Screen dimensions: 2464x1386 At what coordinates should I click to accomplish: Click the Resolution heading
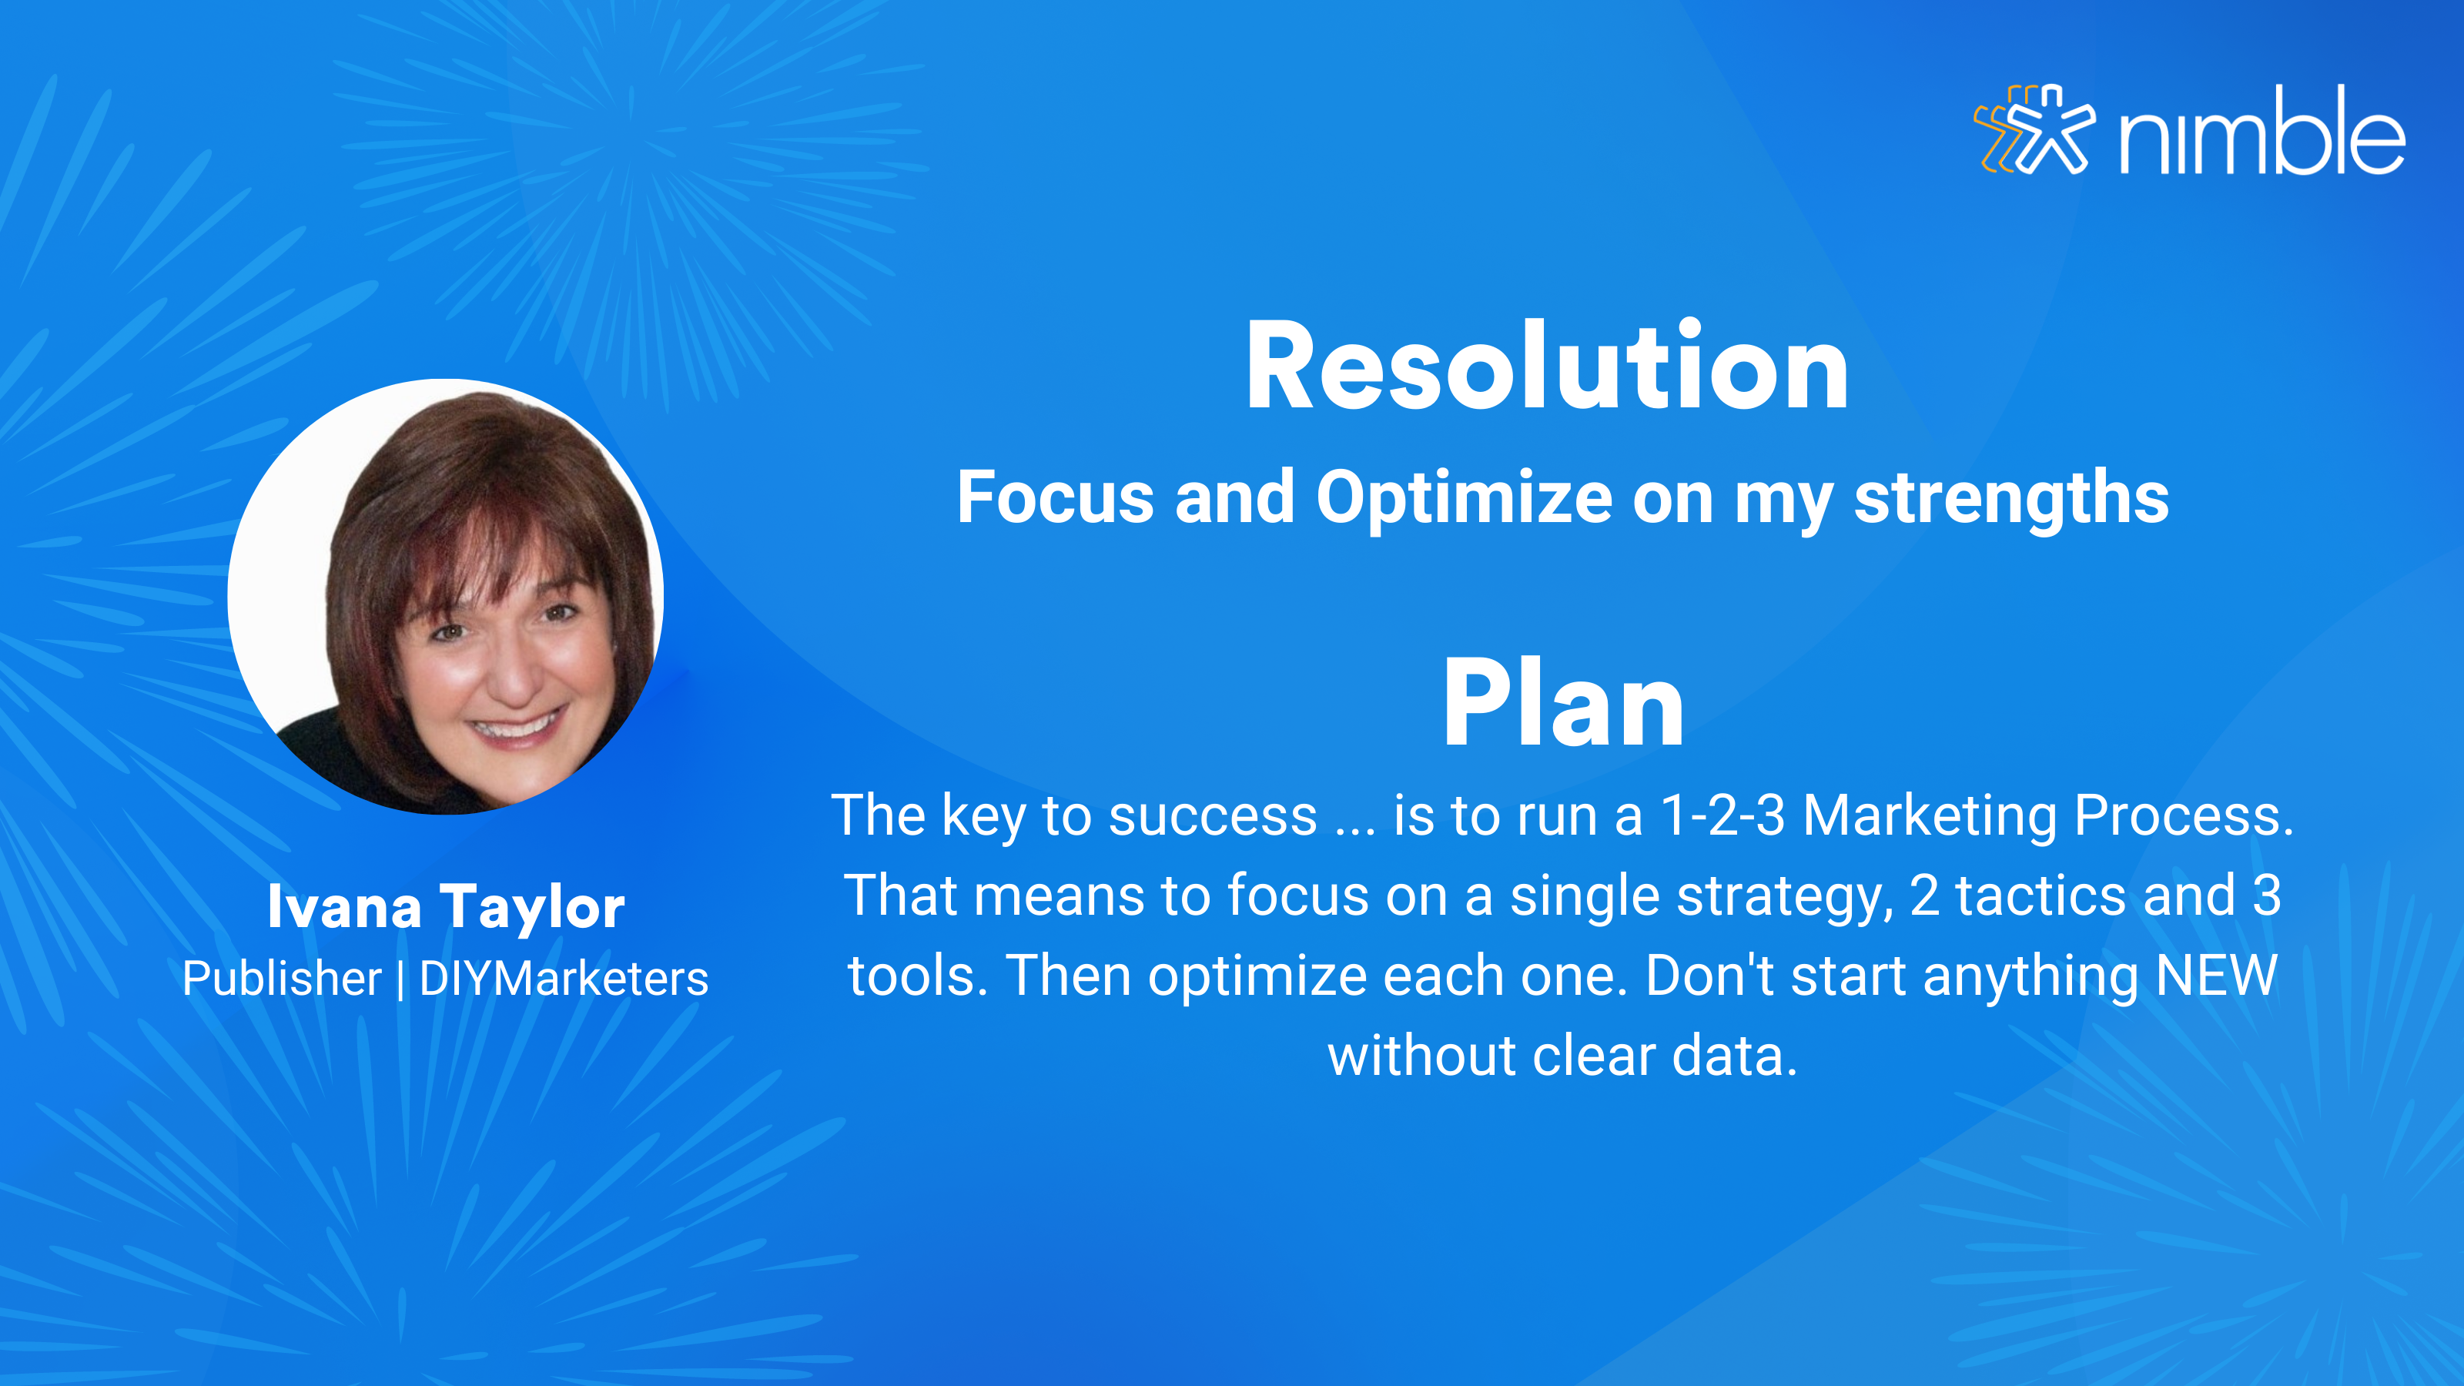[1547, 367]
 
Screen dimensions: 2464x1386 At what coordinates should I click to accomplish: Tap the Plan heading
[1563, 703]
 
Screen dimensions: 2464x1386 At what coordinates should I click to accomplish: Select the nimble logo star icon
[2034, 129]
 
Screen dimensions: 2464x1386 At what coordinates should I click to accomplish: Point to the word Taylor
[532, 909]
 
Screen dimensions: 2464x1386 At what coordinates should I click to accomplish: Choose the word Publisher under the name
[281, 978]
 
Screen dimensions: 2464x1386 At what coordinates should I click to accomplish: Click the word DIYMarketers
[564, 978]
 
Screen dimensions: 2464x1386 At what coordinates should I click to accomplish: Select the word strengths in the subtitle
[2011, 499]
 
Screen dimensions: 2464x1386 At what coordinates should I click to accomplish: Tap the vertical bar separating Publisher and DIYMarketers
[400, 979]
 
